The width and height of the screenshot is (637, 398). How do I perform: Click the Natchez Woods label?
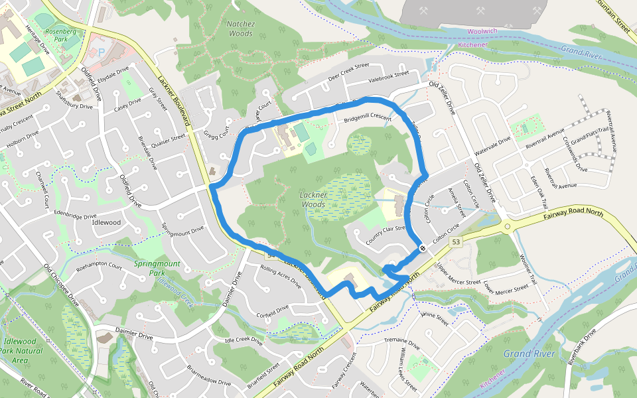click(240, 28)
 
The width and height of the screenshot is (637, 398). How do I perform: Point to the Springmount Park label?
click(157, 268)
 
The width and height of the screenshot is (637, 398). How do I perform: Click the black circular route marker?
click(423, 248)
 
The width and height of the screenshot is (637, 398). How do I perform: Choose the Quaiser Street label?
click(168, 139)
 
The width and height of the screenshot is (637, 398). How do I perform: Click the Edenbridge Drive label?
click(75, 216)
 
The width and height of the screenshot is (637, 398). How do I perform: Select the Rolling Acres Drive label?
click(281, 274)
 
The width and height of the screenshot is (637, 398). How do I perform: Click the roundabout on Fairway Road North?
click(508, 227)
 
